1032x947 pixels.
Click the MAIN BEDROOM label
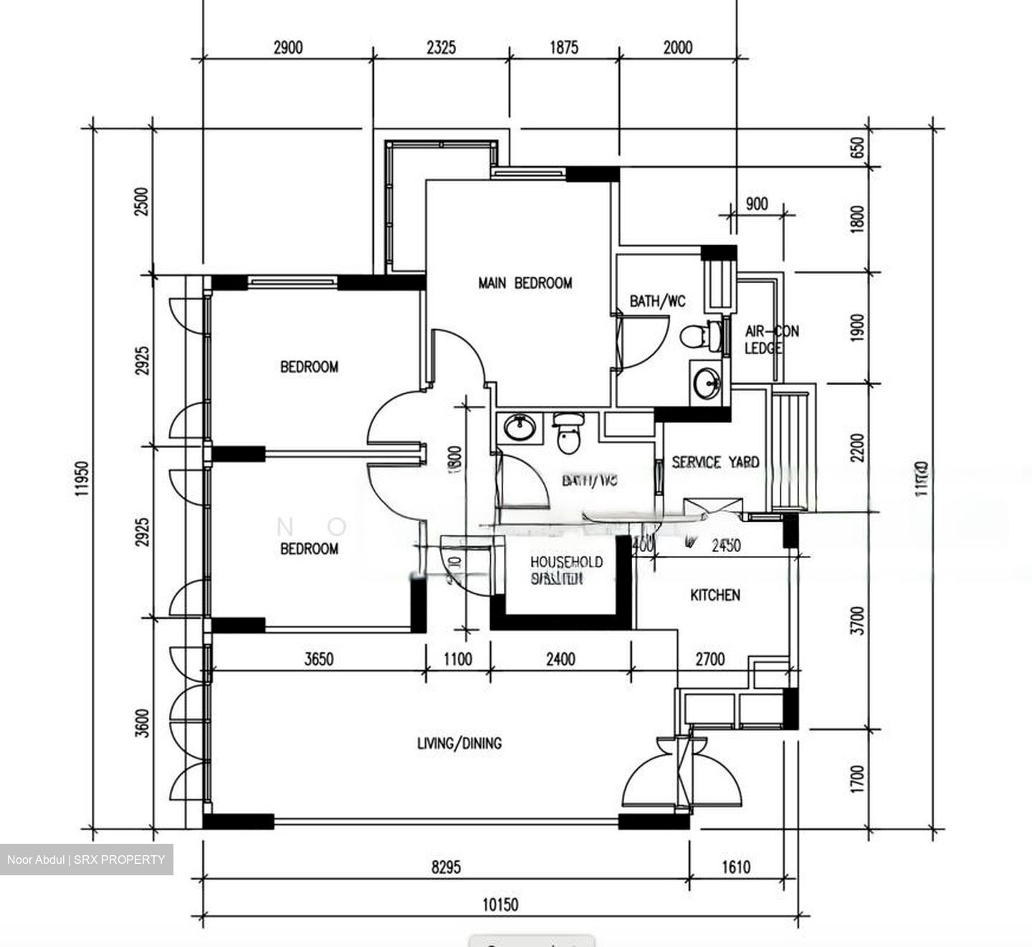(525, 283)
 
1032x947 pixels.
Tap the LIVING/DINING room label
(459, 743)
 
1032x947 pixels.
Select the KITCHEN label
(715, 595)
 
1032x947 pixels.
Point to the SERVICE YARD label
(715, 462)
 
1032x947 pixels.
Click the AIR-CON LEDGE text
(771, 340)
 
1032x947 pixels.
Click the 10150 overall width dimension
(500, 905)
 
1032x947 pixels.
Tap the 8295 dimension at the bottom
(446, 867)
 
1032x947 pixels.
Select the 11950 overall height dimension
(84, 477)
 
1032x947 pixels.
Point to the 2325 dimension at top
(441, 47)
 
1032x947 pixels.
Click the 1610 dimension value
(735, 867)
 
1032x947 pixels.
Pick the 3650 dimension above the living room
(318, 659)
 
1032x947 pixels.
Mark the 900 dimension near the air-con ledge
(756, 204)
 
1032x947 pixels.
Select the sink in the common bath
(518, 428)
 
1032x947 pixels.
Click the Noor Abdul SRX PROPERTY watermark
(86, 860)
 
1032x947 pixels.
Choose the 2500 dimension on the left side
(143, 202)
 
